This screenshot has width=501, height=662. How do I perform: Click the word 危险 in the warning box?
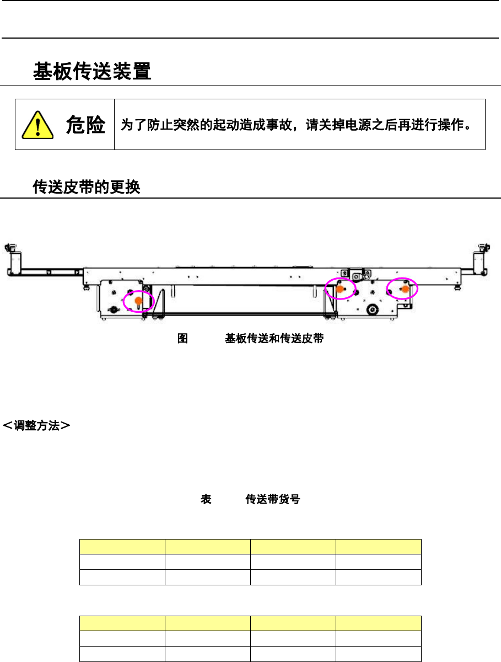coord(85,126)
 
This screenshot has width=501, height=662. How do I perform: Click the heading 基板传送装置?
coord(92,72)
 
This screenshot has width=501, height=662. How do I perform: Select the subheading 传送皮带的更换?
coord(87,188)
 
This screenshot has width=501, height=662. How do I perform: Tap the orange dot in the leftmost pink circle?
coord(138,300)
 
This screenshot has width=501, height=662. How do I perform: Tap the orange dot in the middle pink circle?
coord(340,289)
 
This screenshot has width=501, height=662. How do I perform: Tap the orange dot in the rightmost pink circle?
coord(405,289)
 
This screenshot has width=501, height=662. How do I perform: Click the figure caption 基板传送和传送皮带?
coord(273,339)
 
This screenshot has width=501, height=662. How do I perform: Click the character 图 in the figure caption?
coord(182,339)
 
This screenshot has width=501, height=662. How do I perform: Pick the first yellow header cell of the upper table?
coord(122,546)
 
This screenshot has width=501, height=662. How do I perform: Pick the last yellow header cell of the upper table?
coord(379,546)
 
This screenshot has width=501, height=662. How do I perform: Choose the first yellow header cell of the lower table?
coord(122,623)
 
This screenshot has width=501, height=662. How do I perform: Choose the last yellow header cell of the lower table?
coord(379,623)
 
